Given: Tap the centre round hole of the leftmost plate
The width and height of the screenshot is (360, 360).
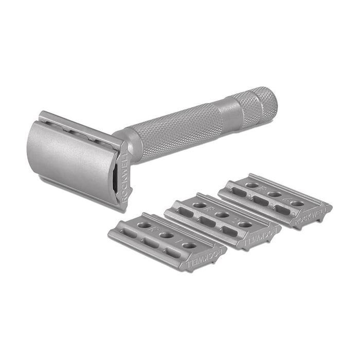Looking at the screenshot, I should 166,236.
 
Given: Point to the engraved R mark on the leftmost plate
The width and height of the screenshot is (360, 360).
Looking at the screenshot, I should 152,230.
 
